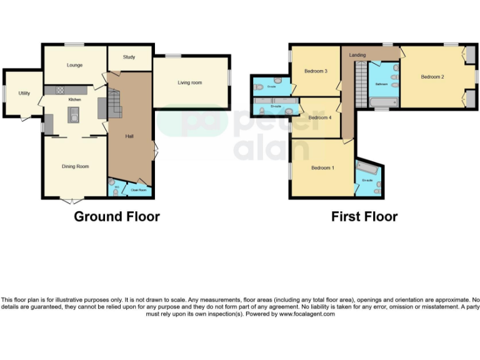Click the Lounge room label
click(74, 65)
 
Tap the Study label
click(129, 57)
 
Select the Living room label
click(189, 82)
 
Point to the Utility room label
click(24, 93)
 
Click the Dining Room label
click(74, 166)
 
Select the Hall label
click(129, 136)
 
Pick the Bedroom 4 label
click(319, 117)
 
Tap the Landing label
click(357, 55)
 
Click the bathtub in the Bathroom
click(382, 102)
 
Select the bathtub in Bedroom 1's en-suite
click(364, 168)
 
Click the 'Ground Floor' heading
click(117, 217)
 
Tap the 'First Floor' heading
click(364, 217)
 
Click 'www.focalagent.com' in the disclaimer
click(307, 314)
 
